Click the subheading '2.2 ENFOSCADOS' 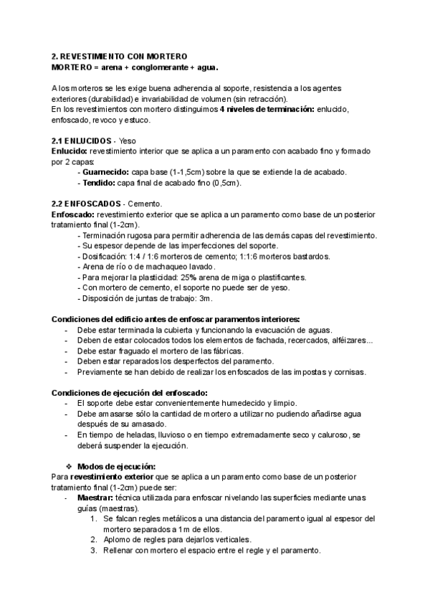pyautogui.click(x=85, y=204)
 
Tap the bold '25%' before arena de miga pyautogui.click(x=188, y=277)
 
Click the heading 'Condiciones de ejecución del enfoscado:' pyautogui.click(x=130, y=392)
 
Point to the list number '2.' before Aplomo pyautogui.click(x=94, y=540)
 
